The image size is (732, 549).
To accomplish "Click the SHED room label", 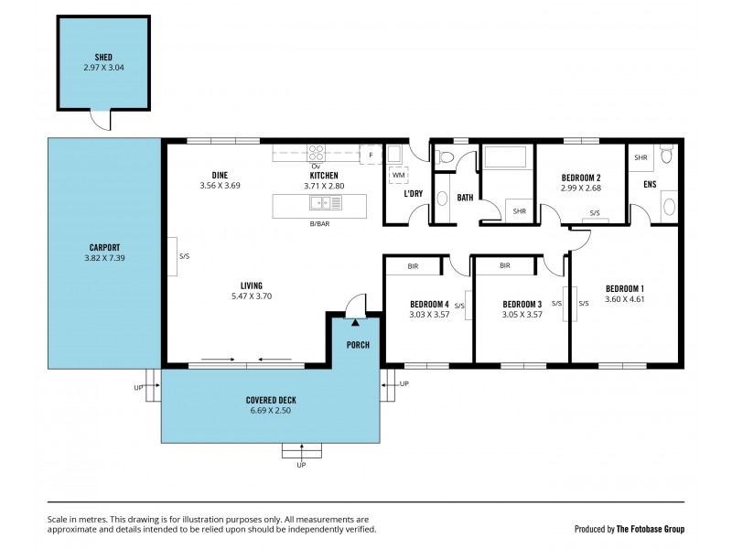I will pyautogui.click(x=91, y=56).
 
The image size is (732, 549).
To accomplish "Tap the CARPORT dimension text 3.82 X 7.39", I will pyautogui.click(x=105, y=258).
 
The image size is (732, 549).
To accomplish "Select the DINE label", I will pyautogui.click(x=220, y=175).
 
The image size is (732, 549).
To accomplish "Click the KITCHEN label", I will pyautogui.click(x=323, y=175).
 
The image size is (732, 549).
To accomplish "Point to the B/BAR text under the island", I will pyautogui.click(x=318, y=223).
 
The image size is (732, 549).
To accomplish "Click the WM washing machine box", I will pyautogui.click(x=398, y=173).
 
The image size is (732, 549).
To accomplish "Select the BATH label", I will pyautogui.click(x=465, y=197).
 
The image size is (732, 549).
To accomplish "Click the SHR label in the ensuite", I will pyautogui.click(x=640, y=157).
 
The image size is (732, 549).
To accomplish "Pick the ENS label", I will pyautogui.click(x=650, y=185).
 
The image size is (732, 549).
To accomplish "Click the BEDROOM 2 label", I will pyautogui.click(x=581, y=178).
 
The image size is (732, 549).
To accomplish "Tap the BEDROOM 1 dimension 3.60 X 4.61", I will pyautogui.click(x=625, y=299).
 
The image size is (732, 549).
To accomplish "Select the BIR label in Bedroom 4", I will pyautogui.click(x=414, y=266).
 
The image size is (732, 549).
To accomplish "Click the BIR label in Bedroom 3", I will pyautogui.click(x=504, y=266).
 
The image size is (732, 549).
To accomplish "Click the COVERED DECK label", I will pyautogui.click(x=270, y=401).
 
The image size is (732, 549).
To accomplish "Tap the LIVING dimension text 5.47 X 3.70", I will pyautogui.click(x=252, y=296).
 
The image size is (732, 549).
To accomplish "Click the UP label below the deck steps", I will pyautogui.click(x=301, y=466).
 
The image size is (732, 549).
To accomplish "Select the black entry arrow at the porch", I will pyautogui.click(x=354, y=323).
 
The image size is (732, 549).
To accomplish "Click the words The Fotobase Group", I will pyautogui.click(x=651, y=529).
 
